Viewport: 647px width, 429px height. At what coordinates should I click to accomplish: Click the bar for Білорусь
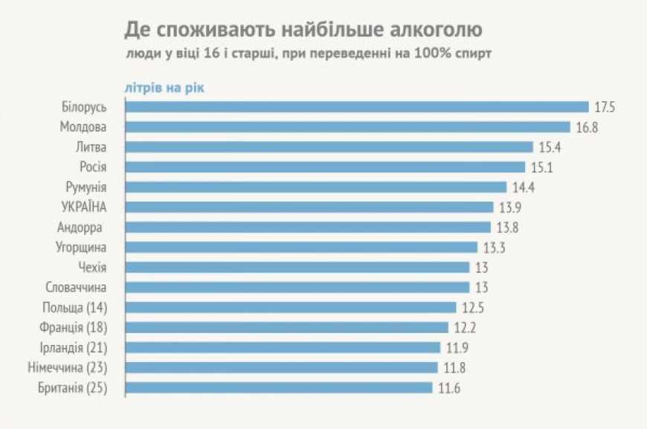tap(357, 107)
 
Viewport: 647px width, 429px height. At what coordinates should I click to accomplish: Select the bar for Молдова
tap(347, 127)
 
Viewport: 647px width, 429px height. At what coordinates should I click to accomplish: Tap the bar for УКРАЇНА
tap(309, 207)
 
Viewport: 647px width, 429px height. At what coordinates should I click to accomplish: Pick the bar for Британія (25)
tap(278, 387)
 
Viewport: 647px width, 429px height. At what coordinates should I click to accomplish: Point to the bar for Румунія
tap(315, 187)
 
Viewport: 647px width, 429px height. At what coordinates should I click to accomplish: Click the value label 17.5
tap(604, 107)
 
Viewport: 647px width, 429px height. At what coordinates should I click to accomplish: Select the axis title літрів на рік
tap(164, 87)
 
